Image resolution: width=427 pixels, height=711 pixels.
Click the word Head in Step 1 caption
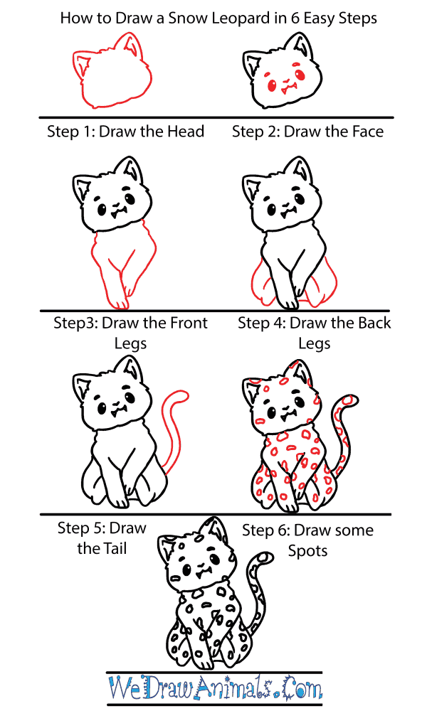185,132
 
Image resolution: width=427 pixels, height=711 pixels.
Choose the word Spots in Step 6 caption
307,551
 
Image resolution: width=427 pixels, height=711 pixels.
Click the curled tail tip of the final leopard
265,557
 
